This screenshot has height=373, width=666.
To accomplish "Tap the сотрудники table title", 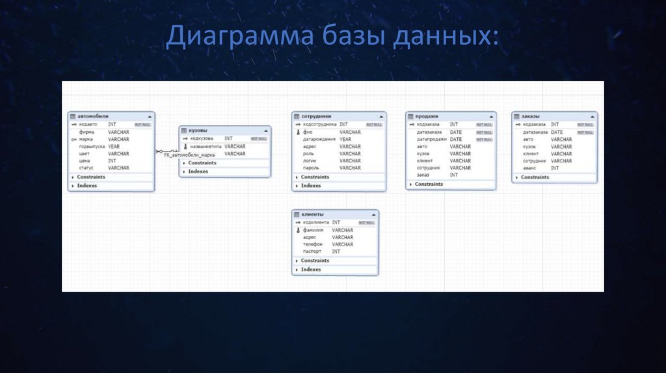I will click(316, 116).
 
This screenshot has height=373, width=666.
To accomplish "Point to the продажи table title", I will click(427, 116).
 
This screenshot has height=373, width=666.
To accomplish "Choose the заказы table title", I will click(531, 116).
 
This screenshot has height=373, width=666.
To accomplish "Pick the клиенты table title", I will click(312, 214).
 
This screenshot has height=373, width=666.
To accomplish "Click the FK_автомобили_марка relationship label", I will click(189, 155).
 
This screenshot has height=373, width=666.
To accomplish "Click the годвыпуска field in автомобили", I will click(92, 146).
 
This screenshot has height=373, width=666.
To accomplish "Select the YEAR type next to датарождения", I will click(345, 139).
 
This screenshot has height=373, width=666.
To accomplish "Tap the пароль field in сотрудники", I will click(311, 168).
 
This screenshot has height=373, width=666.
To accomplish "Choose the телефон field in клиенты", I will click(313, 244).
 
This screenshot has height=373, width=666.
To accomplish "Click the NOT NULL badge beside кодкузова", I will click(258, 138).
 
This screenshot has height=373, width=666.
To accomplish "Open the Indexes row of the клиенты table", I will click(311, 269).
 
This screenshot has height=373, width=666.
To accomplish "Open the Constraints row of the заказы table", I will click(535, 177).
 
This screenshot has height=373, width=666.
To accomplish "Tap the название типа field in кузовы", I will click(205, 146).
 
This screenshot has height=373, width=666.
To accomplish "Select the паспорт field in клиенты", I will click(313, 251).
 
